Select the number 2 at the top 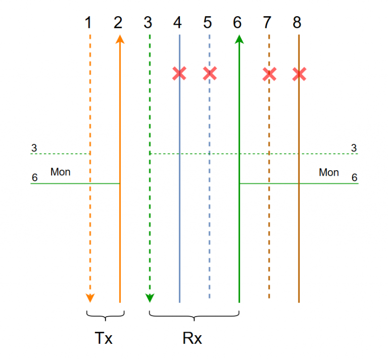click(119, 22)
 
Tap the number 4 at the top click(177, 22)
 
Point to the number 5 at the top click(208, 22)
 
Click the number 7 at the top click(267, 22)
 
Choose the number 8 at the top click(297, 22)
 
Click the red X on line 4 click(179, 74)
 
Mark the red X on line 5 click(210, 74)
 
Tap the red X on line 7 click(269, 74)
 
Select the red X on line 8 click(299, 74)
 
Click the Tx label click(104, 338)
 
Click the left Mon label click(60, 172)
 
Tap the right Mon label click(329, 172)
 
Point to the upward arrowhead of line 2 click(120, 39)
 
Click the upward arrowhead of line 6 click(239, 39)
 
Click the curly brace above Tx click(105, 316)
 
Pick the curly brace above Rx click(194, 316)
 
